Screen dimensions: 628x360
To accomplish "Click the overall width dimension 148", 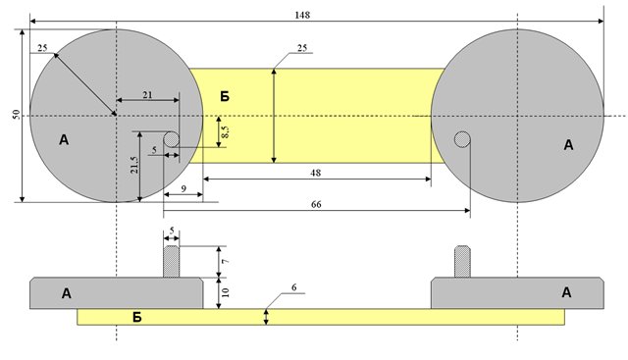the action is (x=302, y=16).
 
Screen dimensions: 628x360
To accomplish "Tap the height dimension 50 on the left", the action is (x=16, y=115).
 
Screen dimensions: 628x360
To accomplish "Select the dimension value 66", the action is (x=316, y=204).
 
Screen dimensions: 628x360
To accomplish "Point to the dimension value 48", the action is (x=316, y=173).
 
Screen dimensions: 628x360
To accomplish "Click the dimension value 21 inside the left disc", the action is (x=147, y=95).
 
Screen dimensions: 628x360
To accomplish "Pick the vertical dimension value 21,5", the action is (x=134, y=165).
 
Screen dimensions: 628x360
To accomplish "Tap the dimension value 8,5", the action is (x=225, y=131).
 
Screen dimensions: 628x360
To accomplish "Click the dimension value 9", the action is (x=183, y=188).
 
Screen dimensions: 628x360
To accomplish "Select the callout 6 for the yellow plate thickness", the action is (x=294, y=287).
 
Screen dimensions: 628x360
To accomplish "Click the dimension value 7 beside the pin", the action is (x=226, y=261).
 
